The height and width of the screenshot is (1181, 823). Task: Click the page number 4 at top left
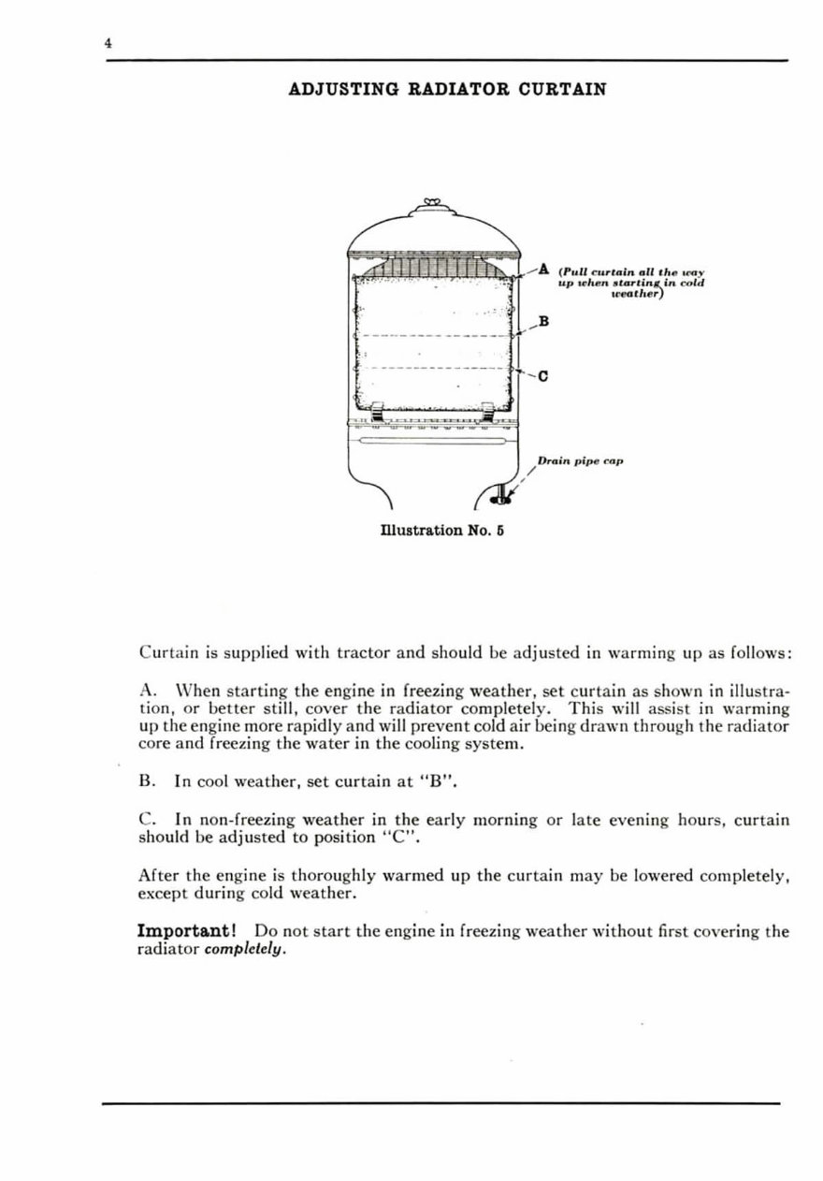108,42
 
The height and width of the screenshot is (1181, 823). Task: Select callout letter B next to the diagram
543,322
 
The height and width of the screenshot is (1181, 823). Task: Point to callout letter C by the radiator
543,377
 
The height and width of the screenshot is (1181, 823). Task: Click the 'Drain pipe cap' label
580,461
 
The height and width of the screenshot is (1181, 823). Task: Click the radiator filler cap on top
432,203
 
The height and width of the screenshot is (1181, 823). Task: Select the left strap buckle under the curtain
376,410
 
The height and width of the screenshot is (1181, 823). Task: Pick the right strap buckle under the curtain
487,410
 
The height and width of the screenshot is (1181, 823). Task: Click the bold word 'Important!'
191,932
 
